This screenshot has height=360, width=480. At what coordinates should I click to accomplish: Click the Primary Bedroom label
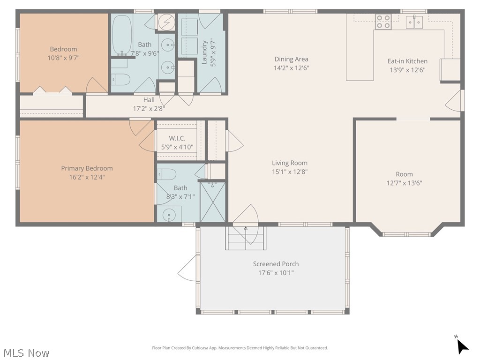click(87, 168)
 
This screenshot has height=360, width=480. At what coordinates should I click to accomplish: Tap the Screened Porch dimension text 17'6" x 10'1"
click(276, 272)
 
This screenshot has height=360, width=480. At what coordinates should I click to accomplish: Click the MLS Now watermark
click(26, 352)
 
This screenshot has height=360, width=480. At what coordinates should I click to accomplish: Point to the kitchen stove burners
click(383, 22)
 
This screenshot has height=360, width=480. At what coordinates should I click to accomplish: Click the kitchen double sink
click(414, 22)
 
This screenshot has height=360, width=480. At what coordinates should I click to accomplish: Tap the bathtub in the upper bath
click(122, 35)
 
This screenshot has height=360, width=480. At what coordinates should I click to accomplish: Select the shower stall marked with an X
click(212, 202)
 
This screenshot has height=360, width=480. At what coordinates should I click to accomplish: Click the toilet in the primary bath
click(166, 174)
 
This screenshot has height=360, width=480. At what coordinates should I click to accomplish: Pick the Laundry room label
click(204, 48)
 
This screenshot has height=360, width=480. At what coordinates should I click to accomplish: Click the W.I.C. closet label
click(177, 138)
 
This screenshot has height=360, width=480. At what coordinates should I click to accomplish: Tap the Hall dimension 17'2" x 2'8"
click(149, 108)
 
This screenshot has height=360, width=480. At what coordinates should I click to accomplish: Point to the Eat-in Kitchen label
click(407, 61)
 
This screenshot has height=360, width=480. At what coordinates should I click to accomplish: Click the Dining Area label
click(291, 59)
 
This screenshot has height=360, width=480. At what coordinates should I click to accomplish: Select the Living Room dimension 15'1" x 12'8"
click(290, 172)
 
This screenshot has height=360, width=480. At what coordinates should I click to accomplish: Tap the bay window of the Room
click(406, 233)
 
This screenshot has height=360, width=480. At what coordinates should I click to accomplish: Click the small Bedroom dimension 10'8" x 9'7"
click(63, 58)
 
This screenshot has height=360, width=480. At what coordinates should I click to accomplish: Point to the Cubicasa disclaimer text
click(240, 348)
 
